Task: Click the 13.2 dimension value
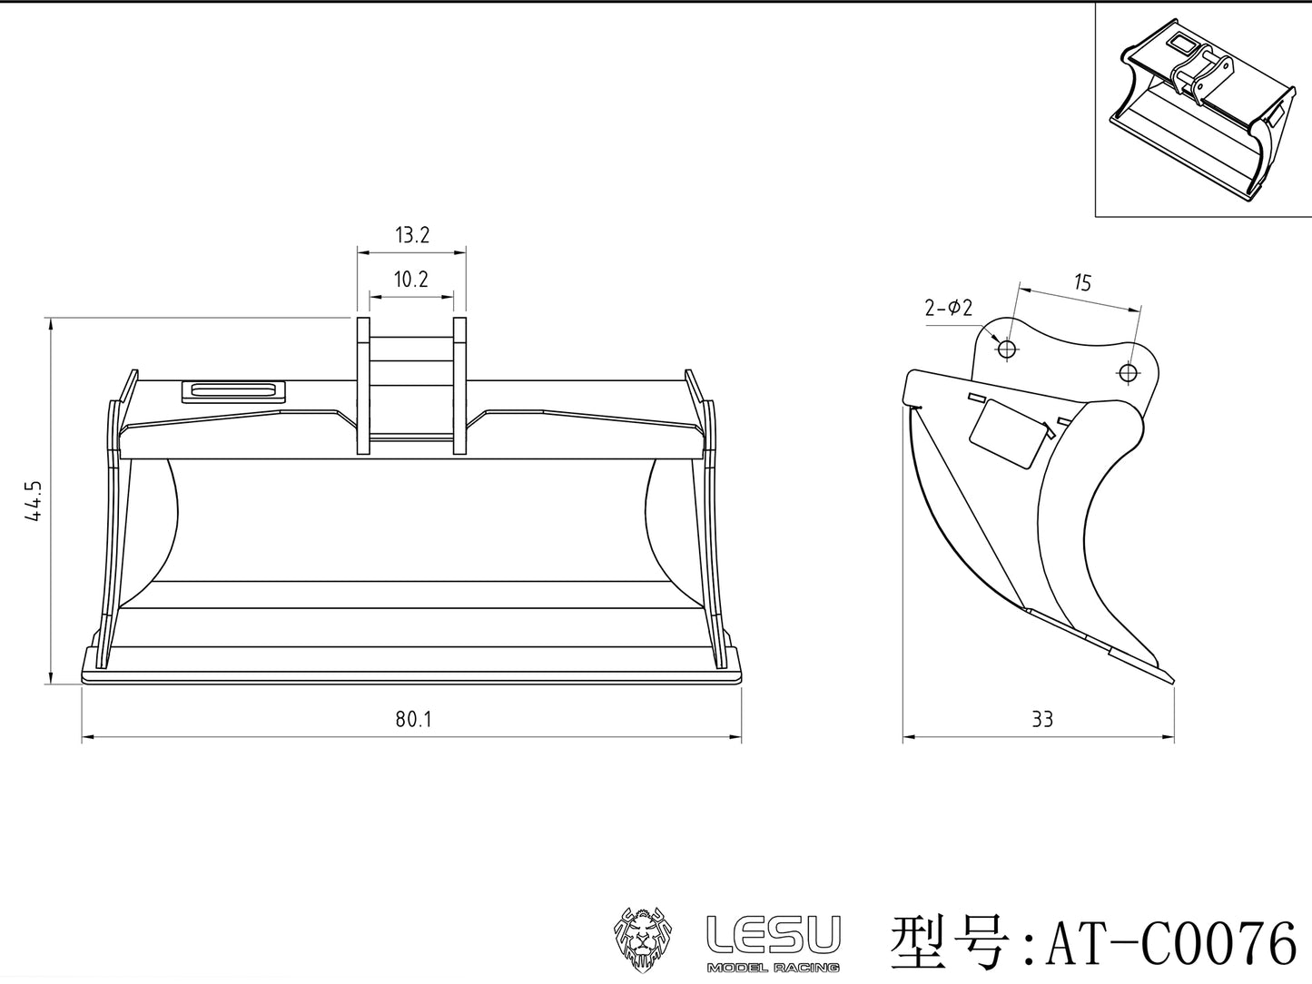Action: [x=411, y=236]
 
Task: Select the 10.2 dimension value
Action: [x=410, y=280]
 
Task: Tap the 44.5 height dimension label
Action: [x=35, y=500]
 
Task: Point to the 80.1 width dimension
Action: [x=413, y=720]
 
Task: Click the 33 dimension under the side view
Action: [x=1042, y=720]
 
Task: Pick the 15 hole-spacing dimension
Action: [x=1082, y=282]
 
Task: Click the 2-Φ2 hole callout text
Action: [x=949, y=308]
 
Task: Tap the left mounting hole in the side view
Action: [x=1006, y=349]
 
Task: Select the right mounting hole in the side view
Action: [x=1128, y=371]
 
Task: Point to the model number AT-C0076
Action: [x=1171, y=944]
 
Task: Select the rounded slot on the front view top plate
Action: [x=233, y=391]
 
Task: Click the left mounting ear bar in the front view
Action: [x=363, y=385]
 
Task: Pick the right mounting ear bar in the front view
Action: [x=459, y=385]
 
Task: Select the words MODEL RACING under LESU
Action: [x=773, y=968]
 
